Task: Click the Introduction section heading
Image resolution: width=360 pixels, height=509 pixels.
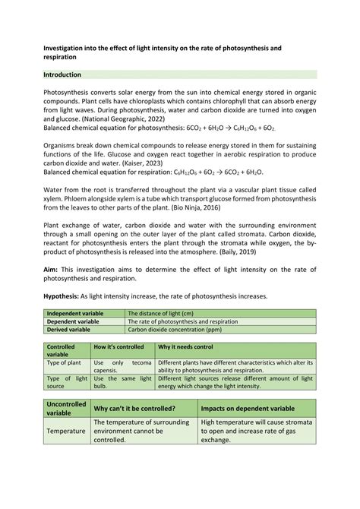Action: point(68,74)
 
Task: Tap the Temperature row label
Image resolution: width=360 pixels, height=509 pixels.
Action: point(66,431)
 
